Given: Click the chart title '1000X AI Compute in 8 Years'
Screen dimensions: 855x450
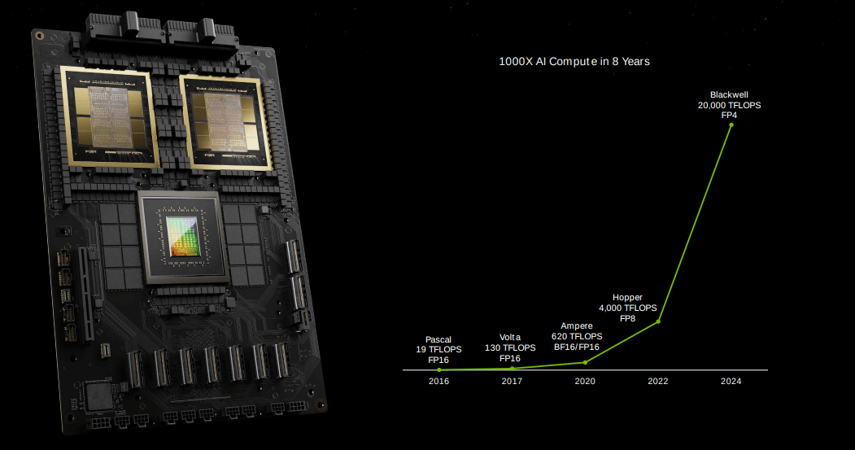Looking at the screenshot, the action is [574, 62].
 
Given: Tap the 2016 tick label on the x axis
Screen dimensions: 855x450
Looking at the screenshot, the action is [439, 382].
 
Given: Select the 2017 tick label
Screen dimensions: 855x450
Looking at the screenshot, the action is [512, 382].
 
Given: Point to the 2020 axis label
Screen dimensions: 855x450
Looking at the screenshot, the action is [585, 382].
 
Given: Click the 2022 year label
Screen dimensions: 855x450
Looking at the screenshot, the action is [658, 382].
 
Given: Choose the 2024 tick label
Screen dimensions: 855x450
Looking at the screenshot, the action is [731, 382].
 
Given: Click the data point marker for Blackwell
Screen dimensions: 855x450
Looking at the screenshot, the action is [731, 125].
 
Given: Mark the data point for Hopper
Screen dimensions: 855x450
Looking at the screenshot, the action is [659, 321].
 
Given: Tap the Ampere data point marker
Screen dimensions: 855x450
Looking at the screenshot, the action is [586, 362].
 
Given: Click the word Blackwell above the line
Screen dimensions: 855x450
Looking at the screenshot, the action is [729, 95].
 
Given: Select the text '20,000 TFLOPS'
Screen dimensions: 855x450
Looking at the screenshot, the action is [730, 105].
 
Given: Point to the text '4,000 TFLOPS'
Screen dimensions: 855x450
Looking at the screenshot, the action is [627, 308].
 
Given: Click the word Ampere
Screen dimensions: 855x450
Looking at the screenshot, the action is [576, 326].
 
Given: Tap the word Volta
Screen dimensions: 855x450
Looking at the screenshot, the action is [510, 338].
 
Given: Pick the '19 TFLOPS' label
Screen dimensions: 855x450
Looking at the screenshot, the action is [439, 350].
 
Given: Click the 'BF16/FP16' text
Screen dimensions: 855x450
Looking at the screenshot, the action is [576, 347].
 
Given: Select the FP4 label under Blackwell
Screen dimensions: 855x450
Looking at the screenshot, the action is [729, 115].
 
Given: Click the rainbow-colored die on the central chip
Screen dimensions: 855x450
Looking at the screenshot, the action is [181, 236].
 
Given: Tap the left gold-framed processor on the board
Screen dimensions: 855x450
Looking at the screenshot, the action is [109, 117].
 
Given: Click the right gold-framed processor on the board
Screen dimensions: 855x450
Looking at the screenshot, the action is [225, 123].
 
